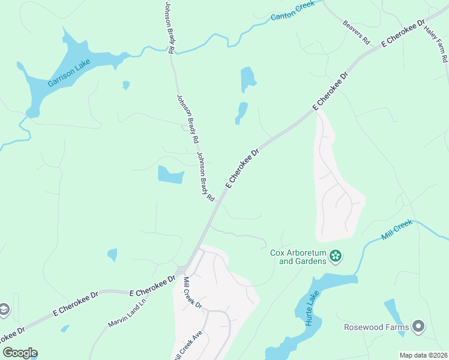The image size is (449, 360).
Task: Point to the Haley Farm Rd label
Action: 436,45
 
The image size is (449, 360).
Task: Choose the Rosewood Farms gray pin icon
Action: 418,326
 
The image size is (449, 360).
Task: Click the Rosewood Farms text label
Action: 376,327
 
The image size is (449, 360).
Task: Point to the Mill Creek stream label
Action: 397,230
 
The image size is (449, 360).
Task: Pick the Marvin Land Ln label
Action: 128,315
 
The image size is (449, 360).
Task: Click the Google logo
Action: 20,353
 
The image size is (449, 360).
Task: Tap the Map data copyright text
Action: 424,355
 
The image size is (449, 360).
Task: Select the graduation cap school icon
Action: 4,309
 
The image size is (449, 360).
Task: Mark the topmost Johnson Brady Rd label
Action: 169,28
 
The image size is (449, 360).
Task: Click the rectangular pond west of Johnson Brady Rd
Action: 170,175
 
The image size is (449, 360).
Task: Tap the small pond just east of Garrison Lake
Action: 126,85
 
